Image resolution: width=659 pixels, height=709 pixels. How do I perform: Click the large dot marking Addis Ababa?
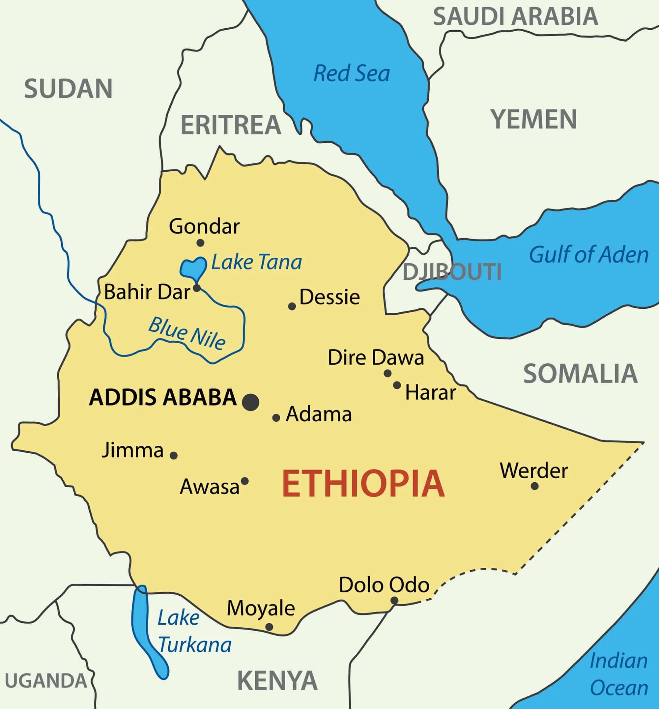pyautogui.click(x=251, y=402)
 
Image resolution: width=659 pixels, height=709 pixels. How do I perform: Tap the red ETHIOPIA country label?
pyautogui.click(x=363, y=484)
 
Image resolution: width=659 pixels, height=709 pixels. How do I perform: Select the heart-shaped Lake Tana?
pyautogui.click(x=192, y=268)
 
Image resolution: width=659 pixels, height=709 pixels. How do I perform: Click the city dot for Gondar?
pyautogui.click(x=200, y=243)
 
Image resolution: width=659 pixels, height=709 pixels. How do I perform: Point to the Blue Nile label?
pyautogui.click(x=187, y=333)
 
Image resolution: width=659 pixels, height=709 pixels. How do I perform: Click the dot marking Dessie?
pyautogui.click(x=292, y=306)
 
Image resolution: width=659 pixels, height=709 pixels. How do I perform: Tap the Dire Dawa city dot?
pyautogui.click(x=387, y=373)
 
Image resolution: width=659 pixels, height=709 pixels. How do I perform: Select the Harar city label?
pyautogui.click(x=430, y=393)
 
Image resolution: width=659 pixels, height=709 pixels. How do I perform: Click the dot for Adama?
pyautogui.click(x=276, y=418)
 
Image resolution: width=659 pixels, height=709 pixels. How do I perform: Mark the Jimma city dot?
pyautogui.click(x=174, y=455)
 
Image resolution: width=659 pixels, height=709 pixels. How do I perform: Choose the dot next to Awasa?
pyautogui.click(x=244, y=481)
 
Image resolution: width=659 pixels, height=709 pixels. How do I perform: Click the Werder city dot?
pyautogui.click(x=534, y=486)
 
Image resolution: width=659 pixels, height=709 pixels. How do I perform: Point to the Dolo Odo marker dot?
pyautogui.click(x=394, y=601)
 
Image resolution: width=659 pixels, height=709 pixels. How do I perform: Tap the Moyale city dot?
pyautogui.click(x=270, y=627)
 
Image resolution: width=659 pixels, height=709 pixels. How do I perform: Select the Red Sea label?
pyautogui.click(x=352, y=73)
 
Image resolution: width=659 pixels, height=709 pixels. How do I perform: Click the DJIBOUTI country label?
pyautogui.click(x=452, y=272)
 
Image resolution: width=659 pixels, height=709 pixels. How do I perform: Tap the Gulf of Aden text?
pyautogui.click(x=588, y=255)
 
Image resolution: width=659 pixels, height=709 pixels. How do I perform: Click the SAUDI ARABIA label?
pyautogui.click(x=515, y=16)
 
